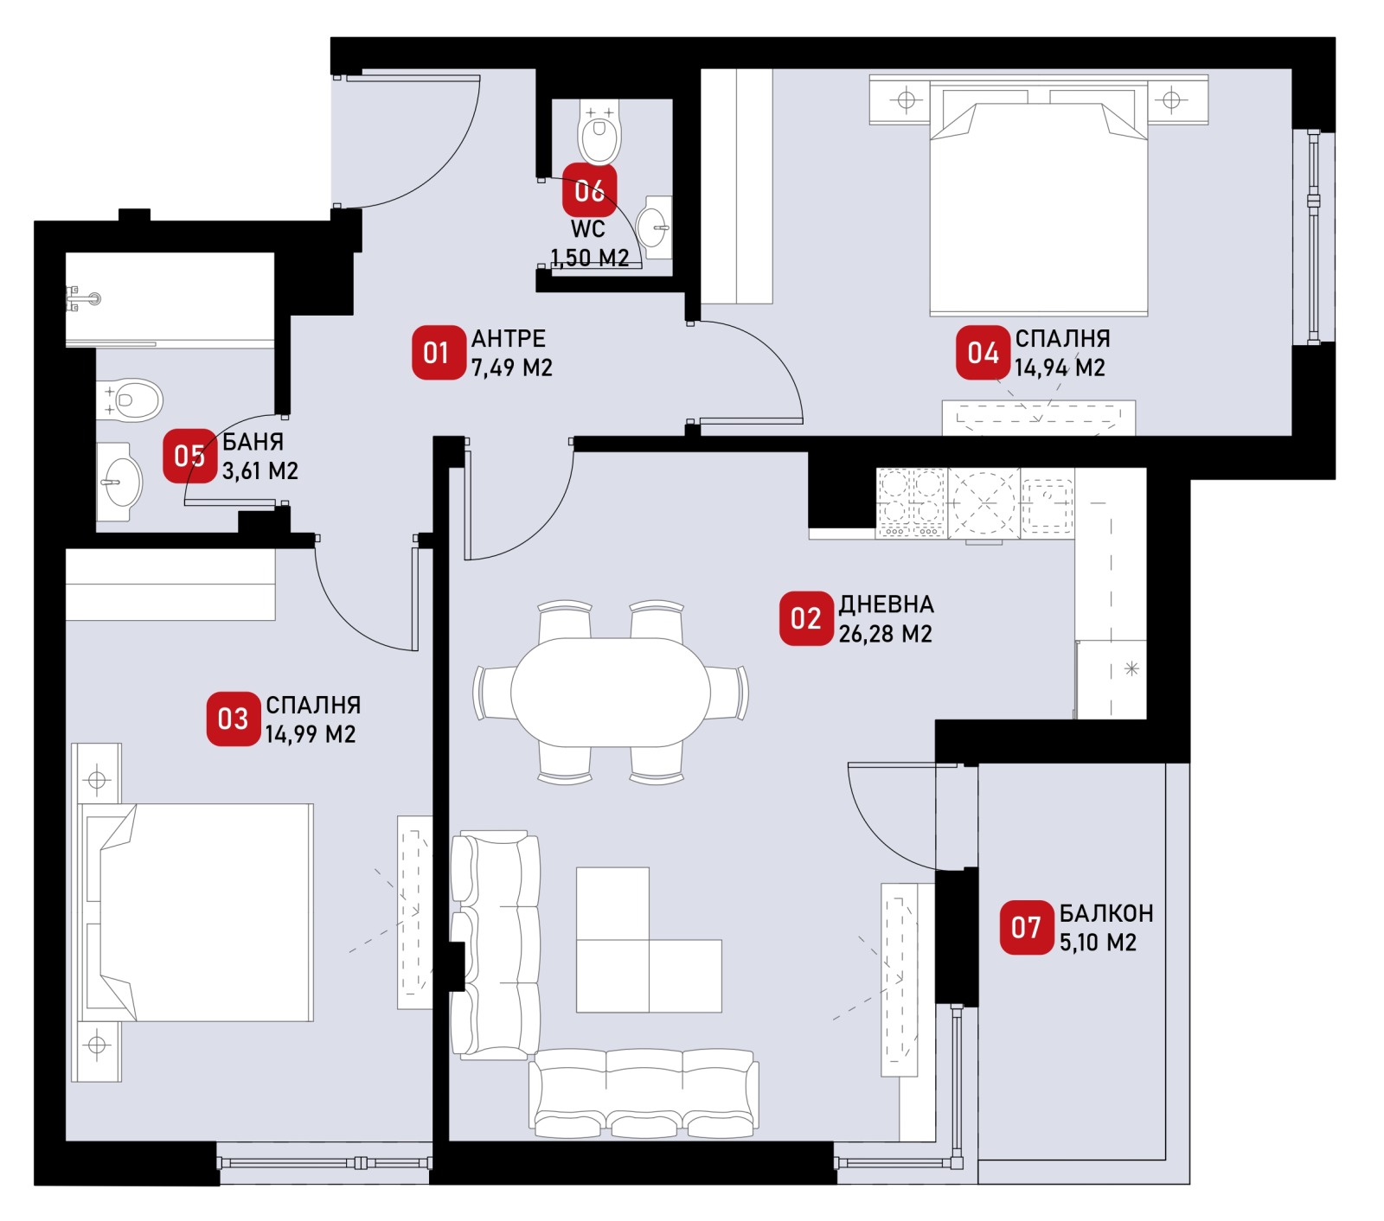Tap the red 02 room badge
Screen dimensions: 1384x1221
click(x=806, y=618)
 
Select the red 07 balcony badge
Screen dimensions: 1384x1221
click(x=1027, y=928)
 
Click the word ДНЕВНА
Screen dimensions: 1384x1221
click(x=887, y=604)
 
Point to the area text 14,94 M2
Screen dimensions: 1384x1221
click(x=1060, y=368)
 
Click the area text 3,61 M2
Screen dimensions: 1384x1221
click(x=260, y=471)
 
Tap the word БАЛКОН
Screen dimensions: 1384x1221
click(x=1106, y=913)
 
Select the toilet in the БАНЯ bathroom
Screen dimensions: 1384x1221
click(x=129, y=400)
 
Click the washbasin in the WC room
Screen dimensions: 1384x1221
click(x=654, y=227)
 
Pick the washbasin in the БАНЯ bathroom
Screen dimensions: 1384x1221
click(x=119, y=482)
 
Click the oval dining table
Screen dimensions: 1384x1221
click(x=611, y=693)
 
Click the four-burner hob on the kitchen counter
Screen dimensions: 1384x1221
click(x=912, y=503)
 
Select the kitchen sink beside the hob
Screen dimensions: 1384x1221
click(x=1047, y=503)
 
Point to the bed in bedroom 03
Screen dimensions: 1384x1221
click(x=196, y=912)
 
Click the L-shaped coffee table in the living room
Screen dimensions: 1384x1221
click(x=649, y=940)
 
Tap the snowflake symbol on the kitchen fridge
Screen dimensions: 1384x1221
click(x=1131, y=668)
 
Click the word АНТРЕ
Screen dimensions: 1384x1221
click(x=509, y=339)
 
